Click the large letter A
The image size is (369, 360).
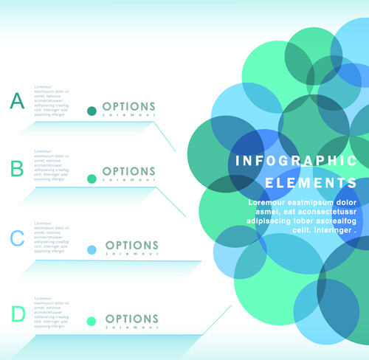point(17,100)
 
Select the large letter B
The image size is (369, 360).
point(17,169)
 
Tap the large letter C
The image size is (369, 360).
point(17,238)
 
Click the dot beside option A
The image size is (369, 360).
point(92,111)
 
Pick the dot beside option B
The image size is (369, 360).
point(92,179)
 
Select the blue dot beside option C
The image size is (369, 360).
point(92,250)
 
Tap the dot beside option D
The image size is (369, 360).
point(92,322)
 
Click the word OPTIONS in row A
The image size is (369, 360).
point(129,107)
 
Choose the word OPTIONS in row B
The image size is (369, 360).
point(129,172)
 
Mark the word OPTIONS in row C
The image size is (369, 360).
point(131,246)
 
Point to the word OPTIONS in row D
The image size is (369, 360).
point(131,319)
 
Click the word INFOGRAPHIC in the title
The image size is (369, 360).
point(296,161)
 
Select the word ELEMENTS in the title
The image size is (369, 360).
point(311,182)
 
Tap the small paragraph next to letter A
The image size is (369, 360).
point(52,103)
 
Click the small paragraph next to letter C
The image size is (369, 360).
point(52,237)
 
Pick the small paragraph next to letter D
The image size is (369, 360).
point(52,311)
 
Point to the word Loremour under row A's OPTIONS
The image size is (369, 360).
point(129,116)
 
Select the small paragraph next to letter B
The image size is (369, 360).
point(52,167)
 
